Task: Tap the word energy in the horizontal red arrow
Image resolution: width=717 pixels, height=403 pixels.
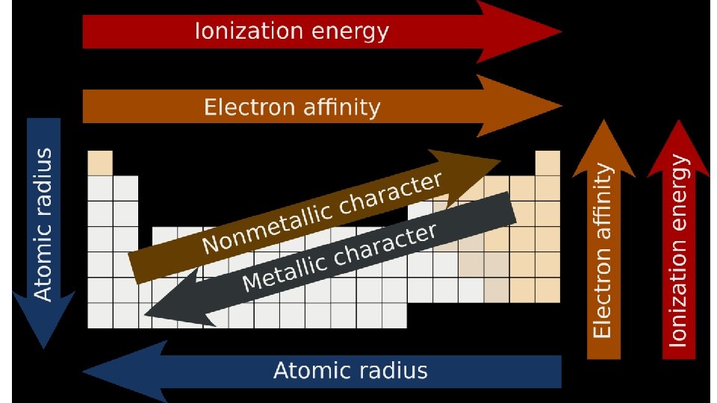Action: click(x=351, y=31)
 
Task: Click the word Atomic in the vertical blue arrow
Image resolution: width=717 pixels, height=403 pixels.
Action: click(x=44, y=268)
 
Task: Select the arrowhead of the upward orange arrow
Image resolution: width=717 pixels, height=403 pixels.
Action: click(x=603, y=146)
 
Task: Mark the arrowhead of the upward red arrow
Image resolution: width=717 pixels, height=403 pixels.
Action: click(x=678, y=146)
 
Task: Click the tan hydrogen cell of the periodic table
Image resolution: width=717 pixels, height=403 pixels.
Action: click(x=100, y=162)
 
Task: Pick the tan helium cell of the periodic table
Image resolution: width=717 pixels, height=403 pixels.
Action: click(x=547, y=162)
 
